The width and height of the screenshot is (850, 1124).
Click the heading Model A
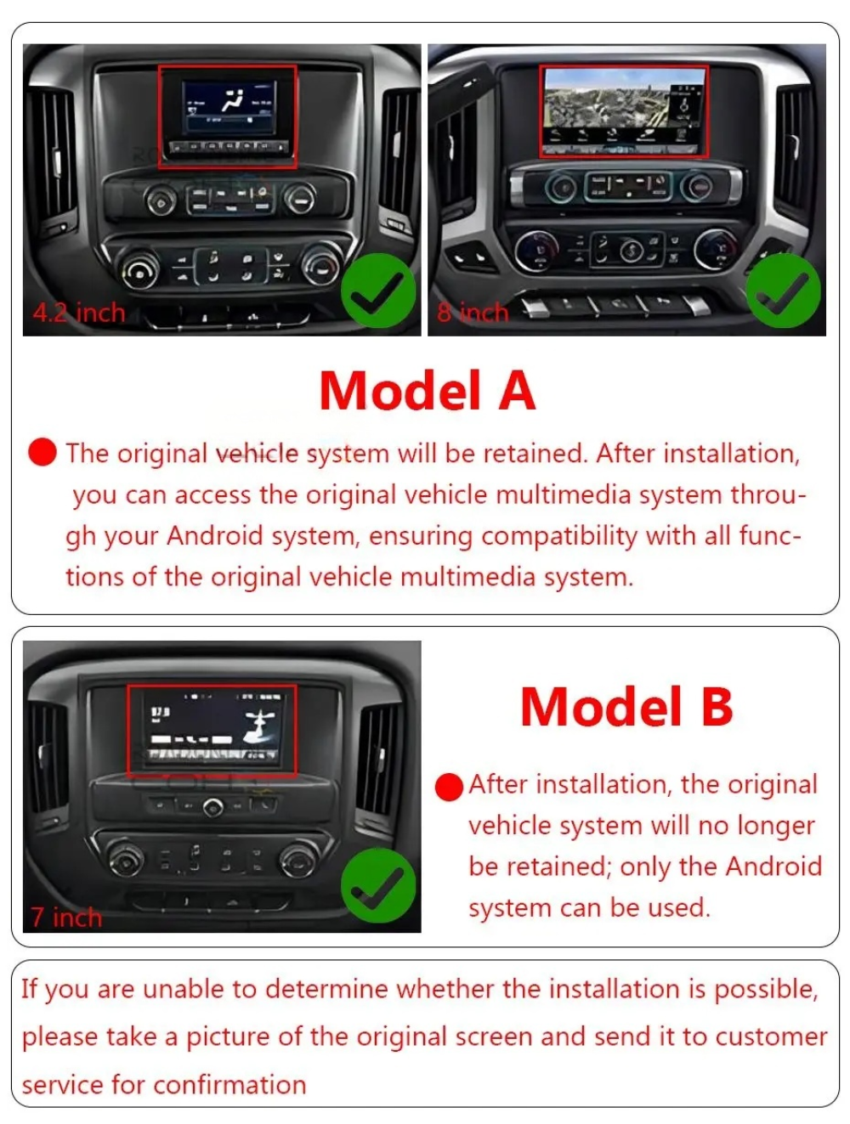[x=428, y=392]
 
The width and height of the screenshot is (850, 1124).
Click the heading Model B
[x=626, y=707]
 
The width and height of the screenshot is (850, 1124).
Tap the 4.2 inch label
[x=79, y=313]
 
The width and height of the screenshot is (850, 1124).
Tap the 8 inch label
[x=473, y=313]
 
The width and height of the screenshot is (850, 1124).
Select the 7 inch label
[x=66, y=918]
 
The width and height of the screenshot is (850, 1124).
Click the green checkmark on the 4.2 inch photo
[x=378, y=291]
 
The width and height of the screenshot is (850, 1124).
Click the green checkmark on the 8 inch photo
[x=784, y=291]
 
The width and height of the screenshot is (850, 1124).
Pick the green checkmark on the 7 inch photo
[x=378, y=885]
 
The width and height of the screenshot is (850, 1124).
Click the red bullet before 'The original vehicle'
[x=42, y=452]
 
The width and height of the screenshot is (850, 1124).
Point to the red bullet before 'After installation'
[x=449, y=787]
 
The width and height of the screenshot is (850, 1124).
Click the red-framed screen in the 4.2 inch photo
[x=227, y=116]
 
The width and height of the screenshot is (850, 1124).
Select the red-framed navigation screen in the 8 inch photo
[x=625, y=111]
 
